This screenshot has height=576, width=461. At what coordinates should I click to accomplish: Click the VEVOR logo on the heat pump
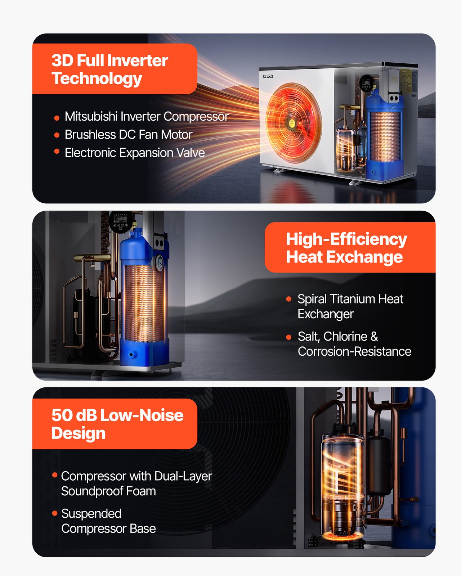click(x=268, y=76)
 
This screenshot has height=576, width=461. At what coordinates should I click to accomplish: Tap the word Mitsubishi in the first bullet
click(x=91, y=116)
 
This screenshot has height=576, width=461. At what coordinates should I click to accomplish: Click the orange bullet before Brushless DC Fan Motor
click(x=57, y=135)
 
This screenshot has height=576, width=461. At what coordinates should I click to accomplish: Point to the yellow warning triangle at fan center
click(x=292, y=123)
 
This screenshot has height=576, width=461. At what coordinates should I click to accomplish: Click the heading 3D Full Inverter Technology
click(x=110, y=69)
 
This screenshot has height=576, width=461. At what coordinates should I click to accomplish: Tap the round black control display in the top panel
click(x=366, y=83)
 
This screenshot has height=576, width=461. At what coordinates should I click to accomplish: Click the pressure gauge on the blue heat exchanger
click(x=159, y=262)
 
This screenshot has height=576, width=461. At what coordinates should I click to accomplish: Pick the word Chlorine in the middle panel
click(x=345, y=337)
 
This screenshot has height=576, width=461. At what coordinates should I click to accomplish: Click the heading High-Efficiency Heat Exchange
click(x=346, y=248)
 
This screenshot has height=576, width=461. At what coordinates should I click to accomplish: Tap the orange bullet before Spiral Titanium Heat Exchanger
click(x=288, y=299)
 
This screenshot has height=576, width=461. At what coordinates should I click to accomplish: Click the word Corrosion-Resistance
click(x=354, y=351)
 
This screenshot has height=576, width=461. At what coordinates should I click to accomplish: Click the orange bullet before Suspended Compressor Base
click(x=55, y=513)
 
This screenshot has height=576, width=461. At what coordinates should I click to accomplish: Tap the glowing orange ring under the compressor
click(x=342, y=536)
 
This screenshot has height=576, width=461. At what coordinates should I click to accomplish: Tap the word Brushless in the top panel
click(x=90, y=135)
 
